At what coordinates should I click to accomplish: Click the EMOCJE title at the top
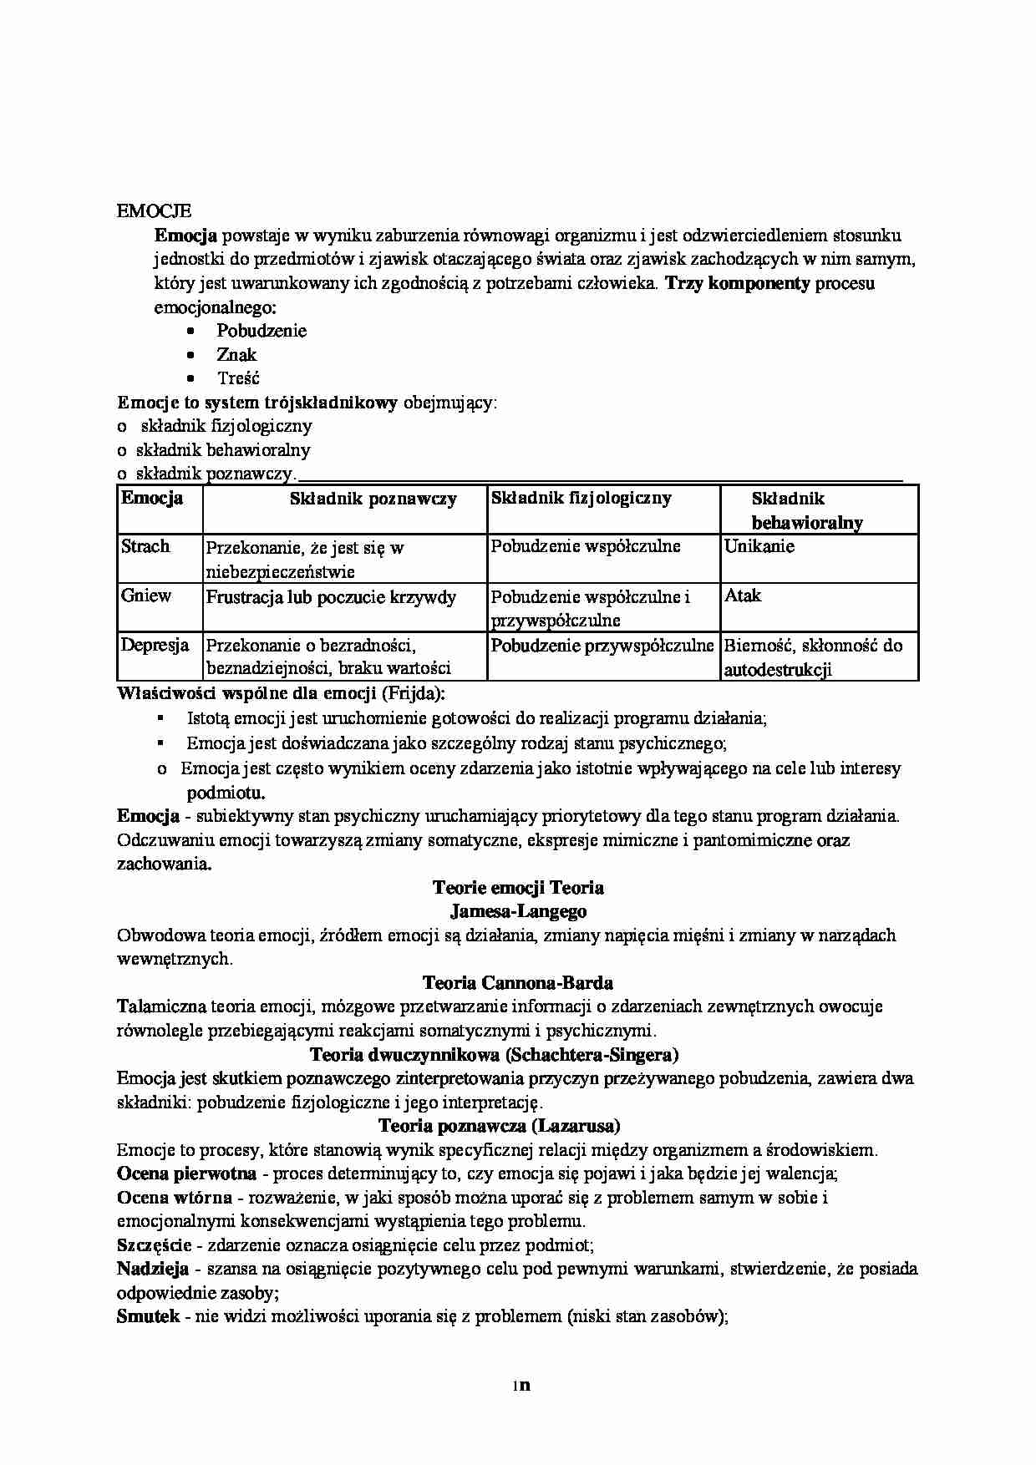click(154, 211)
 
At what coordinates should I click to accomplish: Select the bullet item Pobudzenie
click(262, 331)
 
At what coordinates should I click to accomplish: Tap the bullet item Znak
click(236, 354)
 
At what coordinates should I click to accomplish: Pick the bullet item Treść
click(238, 378)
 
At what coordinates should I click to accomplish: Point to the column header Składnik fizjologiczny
click(581, 498)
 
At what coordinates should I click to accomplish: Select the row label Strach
click(145, 546)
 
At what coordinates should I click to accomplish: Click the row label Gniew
click(146, 596)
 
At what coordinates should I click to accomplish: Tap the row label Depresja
click(155, 645)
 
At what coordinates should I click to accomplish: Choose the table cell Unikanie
click(759, 546)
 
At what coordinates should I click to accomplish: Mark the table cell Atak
click(743, 596)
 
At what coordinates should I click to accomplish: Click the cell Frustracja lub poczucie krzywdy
click(331, 596)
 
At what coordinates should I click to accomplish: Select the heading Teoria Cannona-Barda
click(518, 982)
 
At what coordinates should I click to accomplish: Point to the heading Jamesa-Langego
click(518, 910)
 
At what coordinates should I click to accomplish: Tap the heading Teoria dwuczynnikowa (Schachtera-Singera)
click(494, 1054)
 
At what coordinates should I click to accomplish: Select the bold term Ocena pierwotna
click(174, 1174)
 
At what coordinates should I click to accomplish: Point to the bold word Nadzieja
click(153, 1270)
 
